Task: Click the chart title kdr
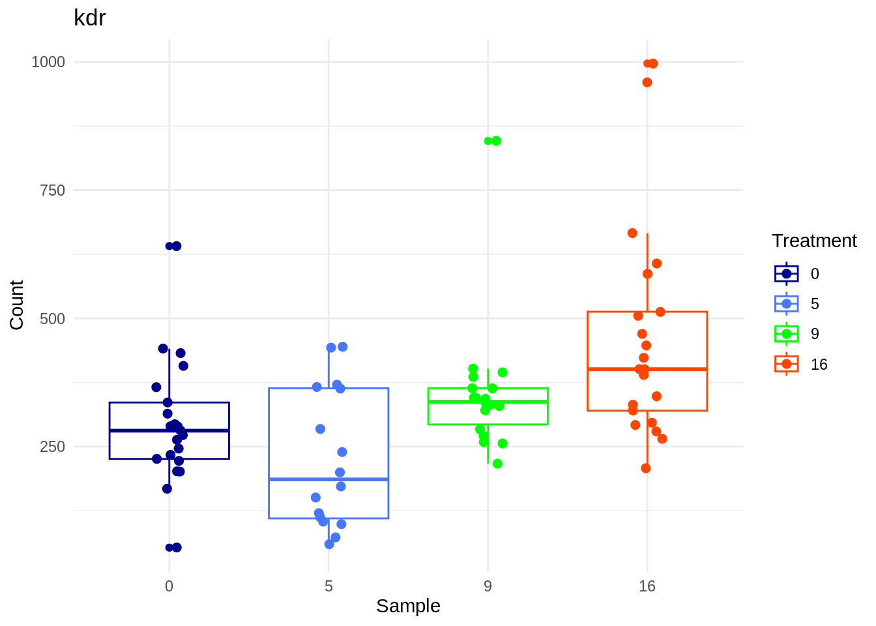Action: pyautogui.click(x=89, y=18)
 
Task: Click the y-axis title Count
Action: pyautogui.click(x=17, y=305)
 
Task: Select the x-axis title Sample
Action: pyautogui.click(x=408, y=606)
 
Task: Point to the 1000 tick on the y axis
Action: pyautogui.click(x=48, y=62)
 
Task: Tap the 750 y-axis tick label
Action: pyautogui.click(x=52, y=190)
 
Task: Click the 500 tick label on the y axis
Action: pyautogui.click(x=52, y=319)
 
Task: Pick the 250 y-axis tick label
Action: pyautogui.click(x=52, y=447)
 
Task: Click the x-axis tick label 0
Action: pyautogui.click(x=169, y=586)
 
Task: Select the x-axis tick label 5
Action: pyautogui.click(x=328, y=586)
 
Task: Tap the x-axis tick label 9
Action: pyautogui.click(x=488, y=586)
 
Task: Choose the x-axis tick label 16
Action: pyautogui.click(x=647, y=586)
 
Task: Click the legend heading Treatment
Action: pyautogui.click(x=814, y=241)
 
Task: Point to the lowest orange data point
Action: pyautogui.click(x=646, y=468)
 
